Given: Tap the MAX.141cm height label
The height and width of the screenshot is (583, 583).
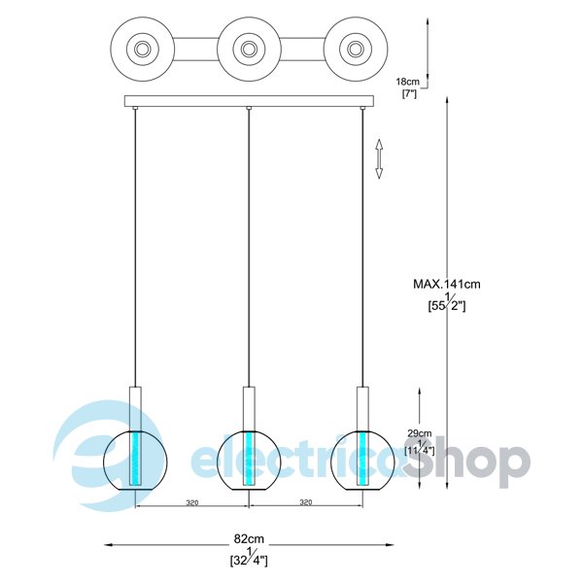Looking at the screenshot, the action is tap(447, 284).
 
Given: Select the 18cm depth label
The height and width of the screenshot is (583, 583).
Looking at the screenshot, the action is tap(407, 82).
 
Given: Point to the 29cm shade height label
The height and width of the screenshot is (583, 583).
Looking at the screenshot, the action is tap(420, 433).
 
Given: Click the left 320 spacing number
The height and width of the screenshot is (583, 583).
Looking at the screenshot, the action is tap(192, 502).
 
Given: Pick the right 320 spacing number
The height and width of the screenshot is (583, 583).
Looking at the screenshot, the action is tap(306, 502).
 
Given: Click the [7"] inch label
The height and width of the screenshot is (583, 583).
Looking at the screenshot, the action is tap(409, 93).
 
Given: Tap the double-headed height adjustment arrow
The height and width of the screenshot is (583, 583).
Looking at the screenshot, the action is tap(379, 158).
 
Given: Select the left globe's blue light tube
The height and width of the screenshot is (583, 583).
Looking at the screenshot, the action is tap(135, 458).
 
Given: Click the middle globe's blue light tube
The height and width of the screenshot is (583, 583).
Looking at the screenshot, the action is tap(249, 458).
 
